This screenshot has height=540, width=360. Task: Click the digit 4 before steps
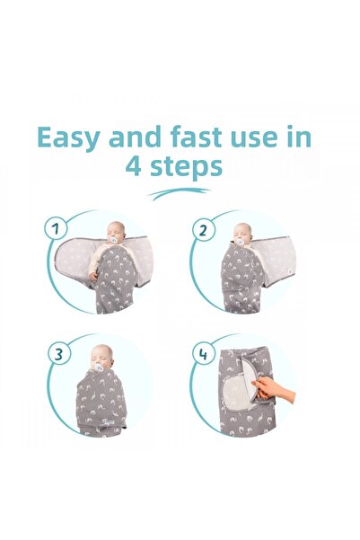(x=133, y=166)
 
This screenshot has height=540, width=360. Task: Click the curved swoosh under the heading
(x=179, y=193)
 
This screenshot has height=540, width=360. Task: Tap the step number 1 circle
(x=56, y=228)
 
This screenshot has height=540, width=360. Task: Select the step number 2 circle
(x=203, y=230)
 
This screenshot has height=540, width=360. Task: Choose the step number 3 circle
(x=58, y=354)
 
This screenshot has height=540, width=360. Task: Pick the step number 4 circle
(x=203, y=354)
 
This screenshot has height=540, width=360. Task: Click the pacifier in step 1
(x=113, y=240)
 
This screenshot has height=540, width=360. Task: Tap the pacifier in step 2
(x=241, y=242)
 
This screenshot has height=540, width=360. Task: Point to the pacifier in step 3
(x=98, y=367)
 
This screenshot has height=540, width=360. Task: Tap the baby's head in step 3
(x=102, y=357)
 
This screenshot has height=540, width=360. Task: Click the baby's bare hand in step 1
(x=92, y=276)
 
